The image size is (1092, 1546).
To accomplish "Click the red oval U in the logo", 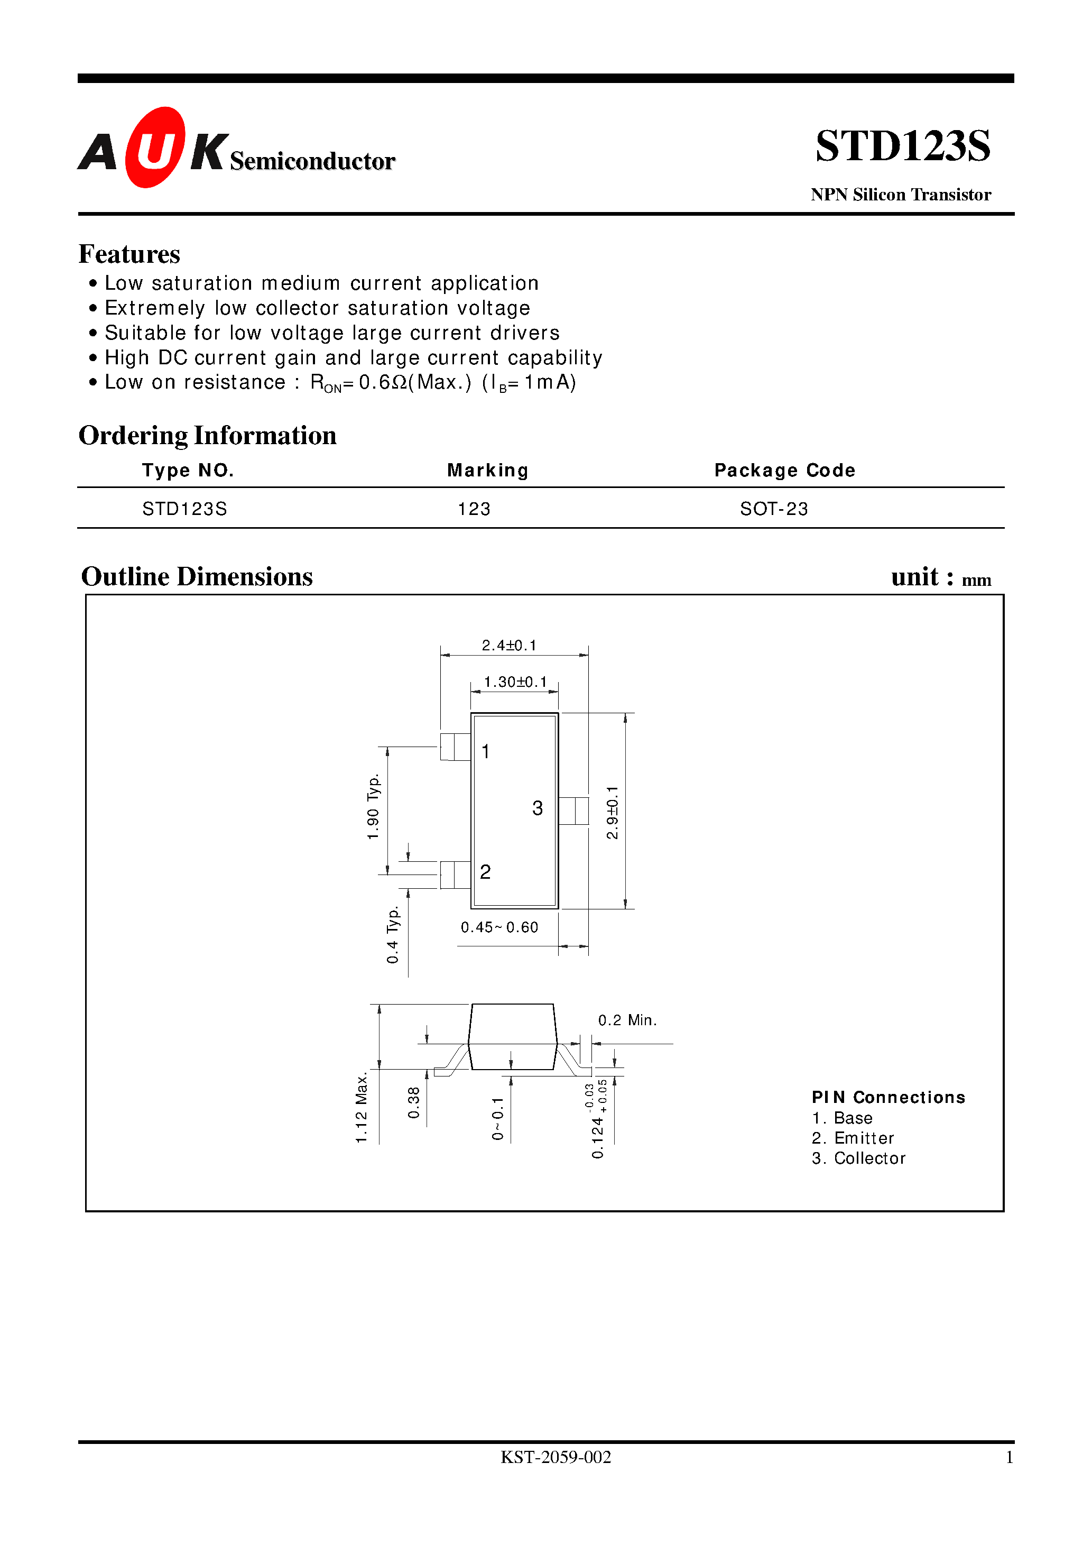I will [x=155, y=148].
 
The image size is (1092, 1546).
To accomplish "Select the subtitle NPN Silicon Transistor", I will [x=900, y=195].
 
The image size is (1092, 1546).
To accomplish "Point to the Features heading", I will [x=129, y=254].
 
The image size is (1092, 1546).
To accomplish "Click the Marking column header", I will [x=487, y=470].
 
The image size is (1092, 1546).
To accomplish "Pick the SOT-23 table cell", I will [x=774, y=509].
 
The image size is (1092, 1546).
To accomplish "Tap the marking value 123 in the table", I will [x=474, y=509].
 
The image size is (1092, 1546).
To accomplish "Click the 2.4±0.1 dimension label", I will [x=509, y=645].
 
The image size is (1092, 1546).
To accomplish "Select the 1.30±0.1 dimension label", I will [x=515, y=682].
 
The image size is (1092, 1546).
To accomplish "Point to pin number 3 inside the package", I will [x=537, y=808].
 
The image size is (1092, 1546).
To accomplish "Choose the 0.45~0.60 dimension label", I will [x=499, y=927].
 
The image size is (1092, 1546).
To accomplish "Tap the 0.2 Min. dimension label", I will [x=627, y=1020].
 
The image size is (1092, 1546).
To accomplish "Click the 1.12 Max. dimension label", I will [x=362, y=1108].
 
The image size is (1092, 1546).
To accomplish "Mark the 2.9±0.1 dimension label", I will [x=612, y=812].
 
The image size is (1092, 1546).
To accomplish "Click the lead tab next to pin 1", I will [x=455, y=747].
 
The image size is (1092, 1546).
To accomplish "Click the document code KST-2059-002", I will [x=556, y=1457].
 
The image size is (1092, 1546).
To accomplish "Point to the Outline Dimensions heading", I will [x=197, y=577].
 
